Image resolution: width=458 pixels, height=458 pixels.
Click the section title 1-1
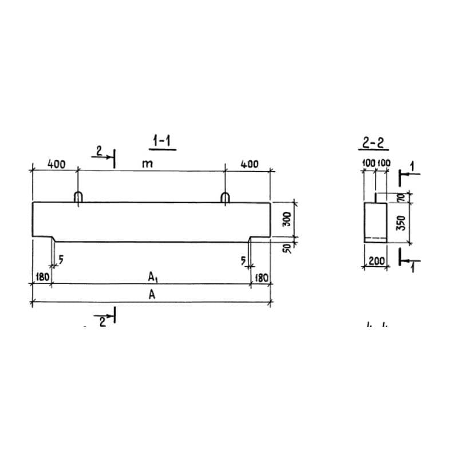(162, 141)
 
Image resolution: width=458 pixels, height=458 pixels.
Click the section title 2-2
(373, 143)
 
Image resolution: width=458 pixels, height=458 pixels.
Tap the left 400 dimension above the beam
(56, 164)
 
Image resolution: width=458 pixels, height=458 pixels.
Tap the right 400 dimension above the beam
(249, 164)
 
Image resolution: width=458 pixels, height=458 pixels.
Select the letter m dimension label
(148, 164)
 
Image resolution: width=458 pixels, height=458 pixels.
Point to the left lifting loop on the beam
(78, 197)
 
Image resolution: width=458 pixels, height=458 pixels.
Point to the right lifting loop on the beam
(225, 197)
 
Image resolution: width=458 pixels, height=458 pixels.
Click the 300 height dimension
(287, 219)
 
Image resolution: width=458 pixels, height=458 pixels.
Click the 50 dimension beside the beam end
(287, 248)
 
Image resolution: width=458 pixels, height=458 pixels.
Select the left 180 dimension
(42, 277)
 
